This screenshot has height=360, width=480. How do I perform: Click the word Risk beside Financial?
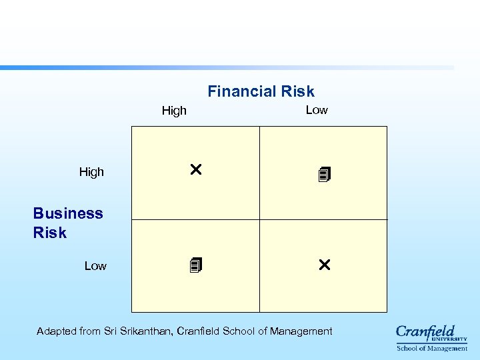(x=297, y=91)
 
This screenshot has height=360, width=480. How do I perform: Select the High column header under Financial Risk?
(x=174, y=111)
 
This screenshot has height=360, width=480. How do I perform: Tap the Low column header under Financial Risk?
(x=317, y=110)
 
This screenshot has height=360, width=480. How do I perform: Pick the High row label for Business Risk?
(x=91, y=172)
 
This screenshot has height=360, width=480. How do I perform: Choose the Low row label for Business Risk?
(x=95, y=266)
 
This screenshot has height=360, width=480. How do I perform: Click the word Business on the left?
(x=68, y=213)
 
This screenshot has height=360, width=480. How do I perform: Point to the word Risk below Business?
(x=50, y=233)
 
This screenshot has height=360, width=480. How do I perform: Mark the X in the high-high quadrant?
(x=195, y=170)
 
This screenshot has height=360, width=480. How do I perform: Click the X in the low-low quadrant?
(x=324, y=265)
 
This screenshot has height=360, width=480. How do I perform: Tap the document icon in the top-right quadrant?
(x=325, y=175)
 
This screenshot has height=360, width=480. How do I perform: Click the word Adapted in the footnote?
(x=57, y=331)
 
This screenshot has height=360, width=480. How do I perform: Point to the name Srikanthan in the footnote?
(x=147, y=331)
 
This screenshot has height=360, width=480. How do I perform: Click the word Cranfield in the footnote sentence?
(x=198, y=331)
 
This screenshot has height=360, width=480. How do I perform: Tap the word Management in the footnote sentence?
(x=301, y=331)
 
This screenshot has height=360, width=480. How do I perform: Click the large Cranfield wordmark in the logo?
(x=425, y=331)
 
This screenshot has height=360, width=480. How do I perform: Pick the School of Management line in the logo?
(x=432, y=348)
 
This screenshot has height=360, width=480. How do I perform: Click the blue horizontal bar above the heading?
(x=227, y=67)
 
